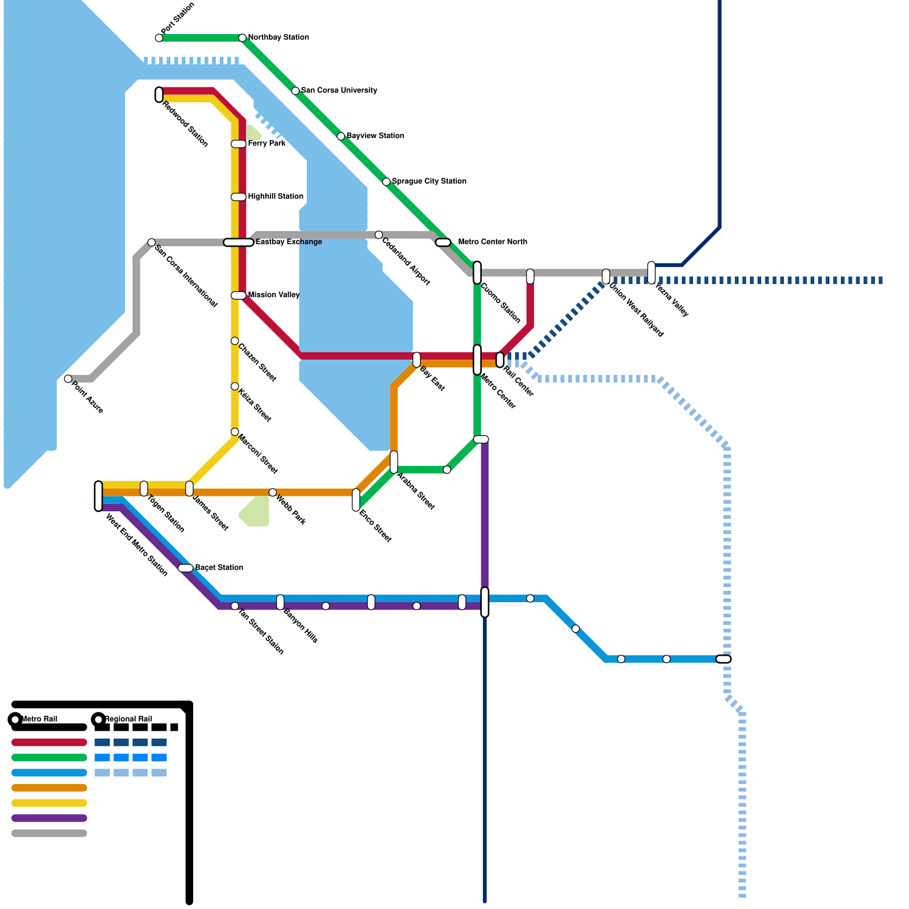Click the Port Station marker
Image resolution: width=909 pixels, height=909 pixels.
tap(159, 38)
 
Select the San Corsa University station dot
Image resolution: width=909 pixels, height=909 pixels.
tap(295, 91)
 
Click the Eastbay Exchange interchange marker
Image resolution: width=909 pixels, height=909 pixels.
tap(239, 243)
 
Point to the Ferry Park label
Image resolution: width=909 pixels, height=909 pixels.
tap(266, 144)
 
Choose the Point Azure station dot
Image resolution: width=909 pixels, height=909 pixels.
tap(68, 379)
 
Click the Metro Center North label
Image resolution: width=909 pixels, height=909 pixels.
tap(492, 242)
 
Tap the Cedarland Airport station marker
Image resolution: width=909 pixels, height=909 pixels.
tap(379, 235)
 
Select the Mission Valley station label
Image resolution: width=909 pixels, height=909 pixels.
tap(273, 295)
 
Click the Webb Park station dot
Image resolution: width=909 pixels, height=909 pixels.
tap(273, 493)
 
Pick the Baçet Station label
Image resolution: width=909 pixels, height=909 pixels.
tap(219, 568)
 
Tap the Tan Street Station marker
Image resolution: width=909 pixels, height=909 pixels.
tap(235, 606)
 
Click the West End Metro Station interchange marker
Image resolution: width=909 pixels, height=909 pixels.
tap(99, 496)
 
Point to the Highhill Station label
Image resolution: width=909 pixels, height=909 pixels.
tap(276, 197)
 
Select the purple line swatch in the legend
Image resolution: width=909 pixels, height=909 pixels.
tap(49, 819)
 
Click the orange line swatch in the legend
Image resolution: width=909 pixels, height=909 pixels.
tap(49, 788)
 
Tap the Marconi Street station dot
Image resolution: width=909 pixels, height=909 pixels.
tap(235, 432)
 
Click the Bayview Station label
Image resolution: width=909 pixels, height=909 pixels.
tap(375, 136)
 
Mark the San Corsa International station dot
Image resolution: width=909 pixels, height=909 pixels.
tap(152, 243)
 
